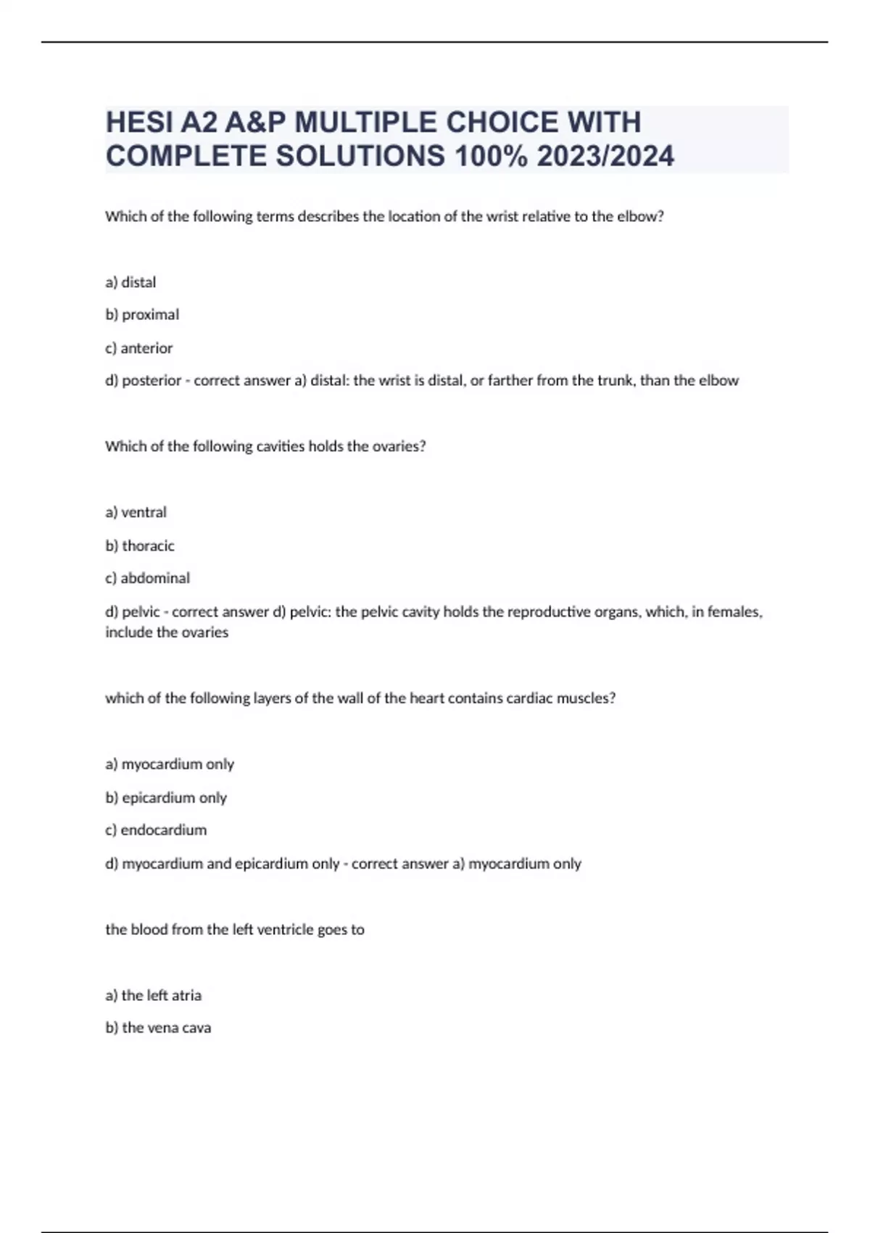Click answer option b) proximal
click(x=142, y=315)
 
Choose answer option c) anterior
click(x=139, y=348)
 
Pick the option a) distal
click(x=130, y=282)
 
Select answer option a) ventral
click(x=136, y=512)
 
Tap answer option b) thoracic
click(x=140, y=545)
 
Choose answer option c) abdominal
click(x=147, y=578)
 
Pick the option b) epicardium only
click(x=166, y=798)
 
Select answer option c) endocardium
click(x=156, y=830)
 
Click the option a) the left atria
click(x=153, y=995)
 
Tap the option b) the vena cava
click(x=158, y=1028)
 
